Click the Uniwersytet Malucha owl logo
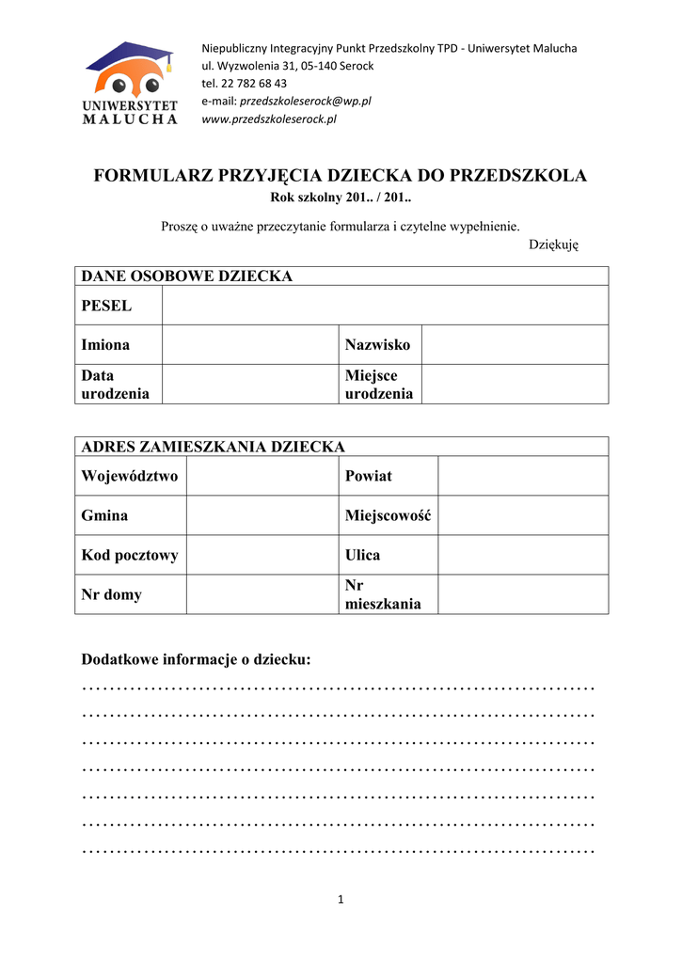click(x=130, y=83)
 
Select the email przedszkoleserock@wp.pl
click(x=306, y=102)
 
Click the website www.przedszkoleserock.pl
click(x=269, y=119)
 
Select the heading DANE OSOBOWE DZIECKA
click(x=187, y=276)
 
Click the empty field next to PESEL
click(x=385, y=306)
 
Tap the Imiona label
click(x=106, y=345)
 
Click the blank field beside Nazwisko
click(x=515, y=345)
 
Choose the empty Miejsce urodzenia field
click(x=515, y=385)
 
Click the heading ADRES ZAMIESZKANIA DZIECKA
click(x=214, y=447)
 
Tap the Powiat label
click(x=369, y=476)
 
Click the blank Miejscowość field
click(x=523, y=515)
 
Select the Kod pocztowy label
click(x=130, y=555)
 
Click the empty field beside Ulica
click(x=523, y=555)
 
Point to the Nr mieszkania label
click(x=383, y=594)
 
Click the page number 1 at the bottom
click(x=341, y=900)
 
